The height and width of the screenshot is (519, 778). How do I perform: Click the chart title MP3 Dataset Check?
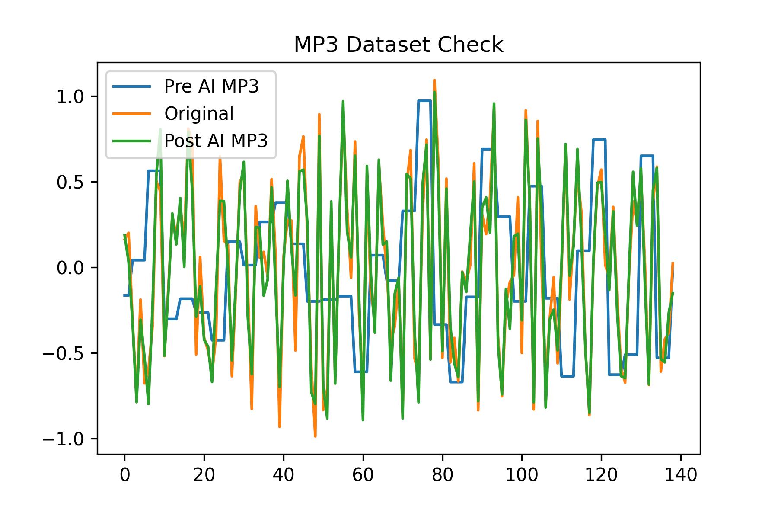[x=399, y=45]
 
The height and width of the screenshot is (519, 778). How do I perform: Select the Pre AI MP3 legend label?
[x=211, y=86]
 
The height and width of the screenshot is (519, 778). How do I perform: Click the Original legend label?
[x=199, y=113]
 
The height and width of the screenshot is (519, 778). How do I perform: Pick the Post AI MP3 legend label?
[x=216, y=141]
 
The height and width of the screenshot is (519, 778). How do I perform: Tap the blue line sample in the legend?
[x=132, y=86]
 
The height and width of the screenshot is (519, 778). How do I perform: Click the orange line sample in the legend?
[x=132, y=114]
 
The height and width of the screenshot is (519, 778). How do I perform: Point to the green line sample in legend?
[x=132, y=141]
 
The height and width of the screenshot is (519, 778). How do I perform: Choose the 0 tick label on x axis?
[x=124, y=475]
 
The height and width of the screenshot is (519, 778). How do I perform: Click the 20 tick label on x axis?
[x=204, y=475]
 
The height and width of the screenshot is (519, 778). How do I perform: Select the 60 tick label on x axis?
[x=363, y=475]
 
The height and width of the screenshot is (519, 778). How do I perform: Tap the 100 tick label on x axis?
[x=522, y=475]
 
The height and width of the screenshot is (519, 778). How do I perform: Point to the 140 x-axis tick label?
[x=681, y=475]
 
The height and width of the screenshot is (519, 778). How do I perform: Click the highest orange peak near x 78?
[x=434, y=80]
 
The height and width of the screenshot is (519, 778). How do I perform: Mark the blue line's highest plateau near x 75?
[x=424, y=101]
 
